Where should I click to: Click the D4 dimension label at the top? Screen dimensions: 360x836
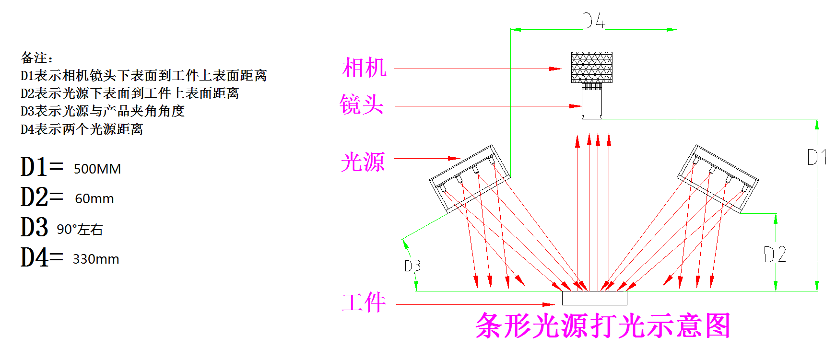pyautogui.click(x=593, y=21)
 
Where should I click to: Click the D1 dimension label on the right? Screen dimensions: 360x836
pyautogui.click(x=817, y=157)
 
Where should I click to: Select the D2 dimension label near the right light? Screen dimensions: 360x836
pyautogui.click(x=775, y=254)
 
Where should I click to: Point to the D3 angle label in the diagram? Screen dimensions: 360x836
pyautogui.click(x=412, y=266)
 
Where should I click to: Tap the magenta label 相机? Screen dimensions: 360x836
pyautogui.click(x=364, y=68)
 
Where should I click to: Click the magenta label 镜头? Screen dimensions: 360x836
pyautogui.click(x=362, y=105)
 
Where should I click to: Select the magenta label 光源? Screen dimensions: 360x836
pyautogui.click(x=363, y=162)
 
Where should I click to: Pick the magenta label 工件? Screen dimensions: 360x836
pyautogui.click(x=364, y=303)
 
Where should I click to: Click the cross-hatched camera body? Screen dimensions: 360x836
pyautogui.click(x=591, y=67)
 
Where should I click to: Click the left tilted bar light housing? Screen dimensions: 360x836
pyautogui.click(x=469, y=179)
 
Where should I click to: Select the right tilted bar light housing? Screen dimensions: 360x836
pyautogui.click(x=718, y=178)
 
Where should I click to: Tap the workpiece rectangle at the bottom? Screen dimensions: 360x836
pyautogui.click(x=594, y=298)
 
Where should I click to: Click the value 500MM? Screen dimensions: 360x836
pyautogui.click(x=97, y=169)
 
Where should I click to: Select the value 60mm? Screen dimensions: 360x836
pyautogui.click(x=94, y=198)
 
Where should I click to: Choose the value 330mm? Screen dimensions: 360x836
pyautogui.click(x=96, y=259)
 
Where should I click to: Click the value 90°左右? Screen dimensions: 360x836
pyautogui.click(x=80, y=230)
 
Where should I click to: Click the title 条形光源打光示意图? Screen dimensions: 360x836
pyautogui.click(x=602, y=326)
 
